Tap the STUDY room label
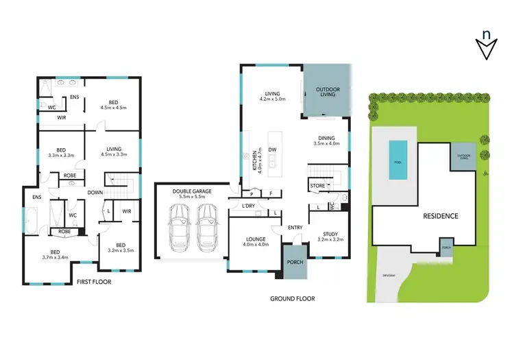(x=329, y=235)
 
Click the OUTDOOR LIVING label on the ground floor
(x=327, y=91)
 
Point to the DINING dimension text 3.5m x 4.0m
(x=326, y=144)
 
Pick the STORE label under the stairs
(x=317, y=185)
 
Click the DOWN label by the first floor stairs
(x=95, y=192)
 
